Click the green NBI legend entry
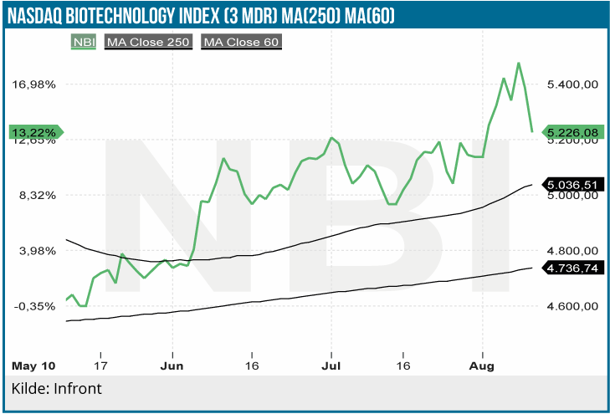tap(84, 41)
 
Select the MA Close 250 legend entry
tap(148, 41)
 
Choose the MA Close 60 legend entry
tap(241, 41)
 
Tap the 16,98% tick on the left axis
tap(34, 84)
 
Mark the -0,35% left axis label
tap(35, 306)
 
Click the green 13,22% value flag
tap(35, 132)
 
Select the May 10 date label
tap(34, 366)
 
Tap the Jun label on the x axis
tap(172, 366)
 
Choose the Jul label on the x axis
tap(331, 366)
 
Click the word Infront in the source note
tap(77, 390)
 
